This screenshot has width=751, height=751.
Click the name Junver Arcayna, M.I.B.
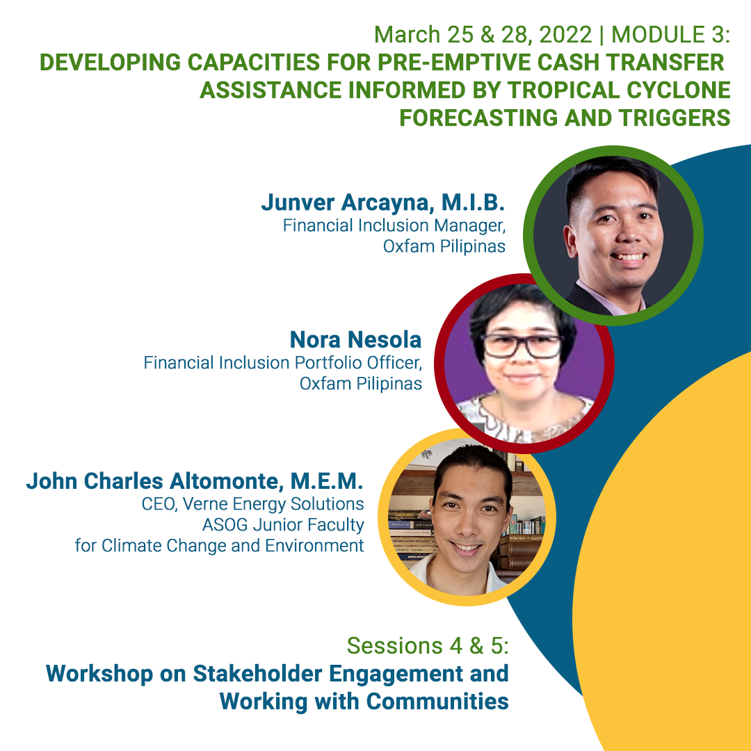(x=382, y=202)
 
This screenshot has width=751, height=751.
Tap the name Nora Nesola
(x=355, y=340)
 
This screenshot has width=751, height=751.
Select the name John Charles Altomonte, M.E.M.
(x=195, y=481)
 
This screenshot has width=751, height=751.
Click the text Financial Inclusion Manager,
(x=394, y=226)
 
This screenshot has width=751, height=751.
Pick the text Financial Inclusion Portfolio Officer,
(x=283, y=363)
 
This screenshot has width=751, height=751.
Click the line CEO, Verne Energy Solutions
(x=253, y=503)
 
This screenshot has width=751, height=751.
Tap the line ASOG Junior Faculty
(x=283, y=524)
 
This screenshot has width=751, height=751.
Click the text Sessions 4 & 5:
(x=428, y=646)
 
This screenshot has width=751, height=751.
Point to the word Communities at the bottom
(x=437, y=701)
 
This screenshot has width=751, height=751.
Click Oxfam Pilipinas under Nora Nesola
(x=360, y=383)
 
